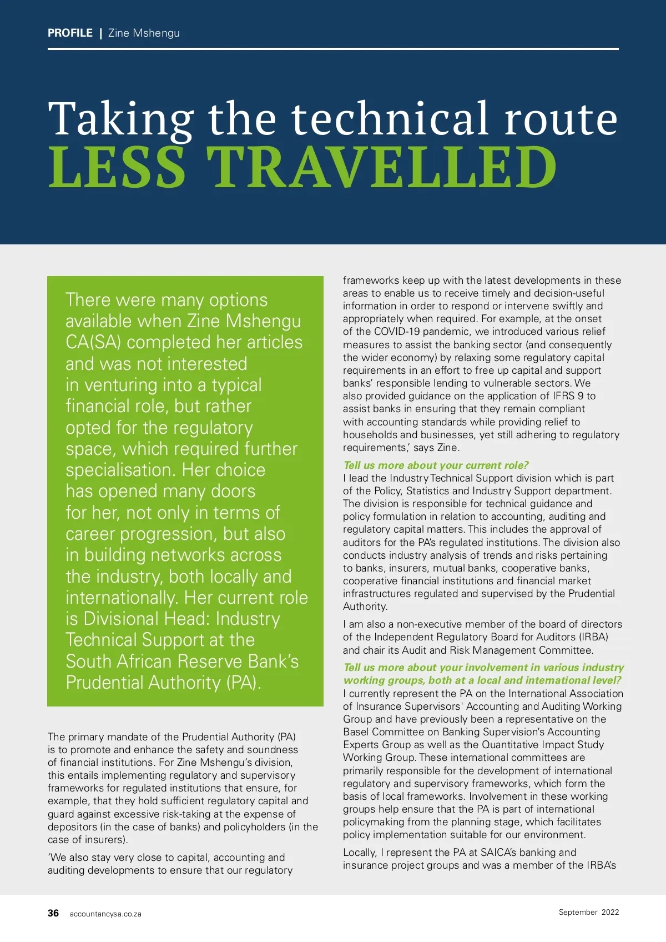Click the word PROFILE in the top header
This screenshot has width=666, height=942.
click(70, 33)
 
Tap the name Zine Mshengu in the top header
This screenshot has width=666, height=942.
click(144, 33)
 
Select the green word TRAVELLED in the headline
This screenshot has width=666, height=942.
click(381, 168)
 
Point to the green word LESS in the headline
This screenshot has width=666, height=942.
click(117, 168)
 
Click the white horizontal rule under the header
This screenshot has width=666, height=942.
click(333, 49)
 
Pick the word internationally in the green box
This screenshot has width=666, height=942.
click(122, 598)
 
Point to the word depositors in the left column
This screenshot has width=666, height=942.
click(72, 826)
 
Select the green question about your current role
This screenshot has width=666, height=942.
click(436, 465)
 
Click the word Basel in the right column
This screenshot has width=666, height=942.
click(356, 732)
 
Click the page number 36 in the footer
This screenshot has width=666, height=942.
click(53, 913)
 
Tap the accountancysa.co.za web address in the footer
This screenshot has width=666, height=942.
click(105, 914)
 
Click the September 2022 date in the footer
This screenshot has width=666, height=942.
click(588, 912)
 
